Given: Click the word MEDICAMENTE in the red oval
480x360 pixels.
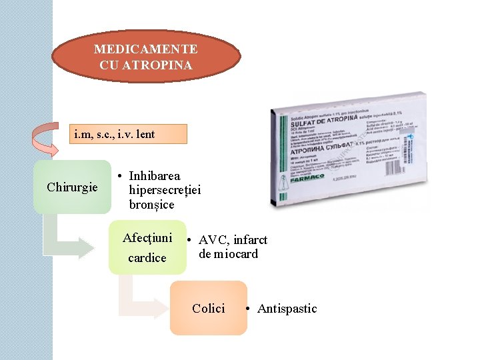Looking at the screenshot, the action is point(145,49).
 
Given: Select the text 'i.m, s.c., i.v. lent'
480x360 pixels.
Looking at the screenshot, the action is point(115,134).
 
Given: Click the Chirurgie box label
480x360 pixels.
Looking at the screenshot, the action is point(73,187).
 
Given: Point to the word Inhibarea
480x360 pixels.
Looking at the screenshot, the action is point(155,176).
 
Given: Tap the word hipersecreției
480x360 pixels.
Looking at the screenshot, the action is point(165,191).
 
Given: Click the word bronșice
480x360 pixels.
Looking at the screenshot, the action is point(151,205).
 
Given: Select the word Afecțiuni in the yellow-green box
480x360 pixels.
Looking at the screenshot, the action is point(147,237).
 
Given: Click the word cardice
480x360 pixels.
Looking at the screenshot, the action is point(147,257).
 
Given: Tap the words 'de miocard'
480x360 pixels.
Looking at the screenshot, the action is point(228,254).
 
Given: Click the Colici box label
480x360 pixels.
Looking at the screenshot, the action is point(208,309).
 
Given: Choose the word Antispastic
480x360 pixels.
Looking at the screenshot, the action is point(287,309).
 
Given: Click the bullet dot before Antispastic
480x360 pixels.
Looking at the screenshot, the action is point(247,309).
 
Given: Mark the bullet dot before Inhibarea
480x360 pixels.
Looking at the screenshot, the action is point(119,176).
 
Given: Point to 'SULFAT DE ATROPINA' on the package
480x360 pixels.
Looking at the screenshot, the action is point(318,124).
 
